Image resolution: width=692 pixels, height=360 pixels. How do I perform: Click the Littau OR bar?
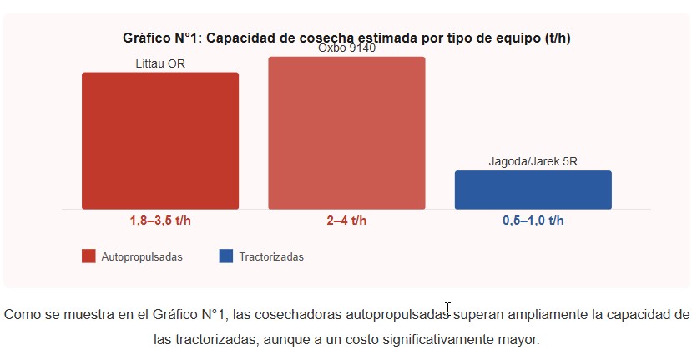click(x=160, y=140)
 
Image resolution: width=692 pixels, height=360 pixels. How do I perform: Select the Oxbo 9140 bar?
click(x=346, y=133)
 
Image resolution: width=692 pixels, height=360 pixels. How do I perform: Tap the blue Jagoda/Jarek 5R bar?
click(x=533, y=190)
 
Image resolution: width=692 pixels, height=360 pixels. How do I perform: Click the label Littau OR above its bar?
click(x=160, y=63)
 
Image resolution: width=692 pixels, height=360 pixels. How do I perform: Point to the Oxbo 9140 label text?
click(x=346, y=48)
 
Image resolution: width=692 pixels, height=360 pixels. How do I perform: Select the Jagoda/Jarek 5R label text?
click(x=533, y=162)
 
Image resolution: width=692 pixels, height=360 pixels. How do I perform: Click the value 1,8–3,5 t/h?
click(x=160, y=221)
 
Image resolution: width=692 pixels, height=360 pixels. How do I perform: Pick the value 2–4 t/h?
click(x=346, y=221)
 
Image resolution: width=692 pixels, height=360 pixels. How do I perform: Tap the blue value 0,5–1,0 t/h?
click(x=533, y=221)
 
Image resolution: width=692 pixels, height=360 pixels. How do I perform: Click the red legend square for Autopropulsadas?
click(x=88, y=256)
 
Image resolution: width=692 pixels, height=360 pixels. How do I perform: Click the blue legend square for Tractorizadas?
click(x=226, y=256)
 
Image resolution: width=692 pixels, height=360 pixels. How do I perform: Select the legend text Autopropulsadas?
click(x=142, y=257)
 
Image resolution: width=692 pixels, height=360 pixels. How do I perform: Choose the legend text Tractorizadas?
click(x=271, y=257)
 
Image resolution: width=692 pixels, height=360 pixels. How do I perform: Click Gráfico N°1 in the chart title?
click(x=159, y=38)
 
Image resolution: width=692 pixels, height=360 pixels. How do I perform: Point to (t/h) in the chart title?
click(x=557, y=38)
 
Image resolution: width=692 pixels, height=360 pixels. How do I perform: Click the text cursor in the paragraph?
click(x=448, y=309)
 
